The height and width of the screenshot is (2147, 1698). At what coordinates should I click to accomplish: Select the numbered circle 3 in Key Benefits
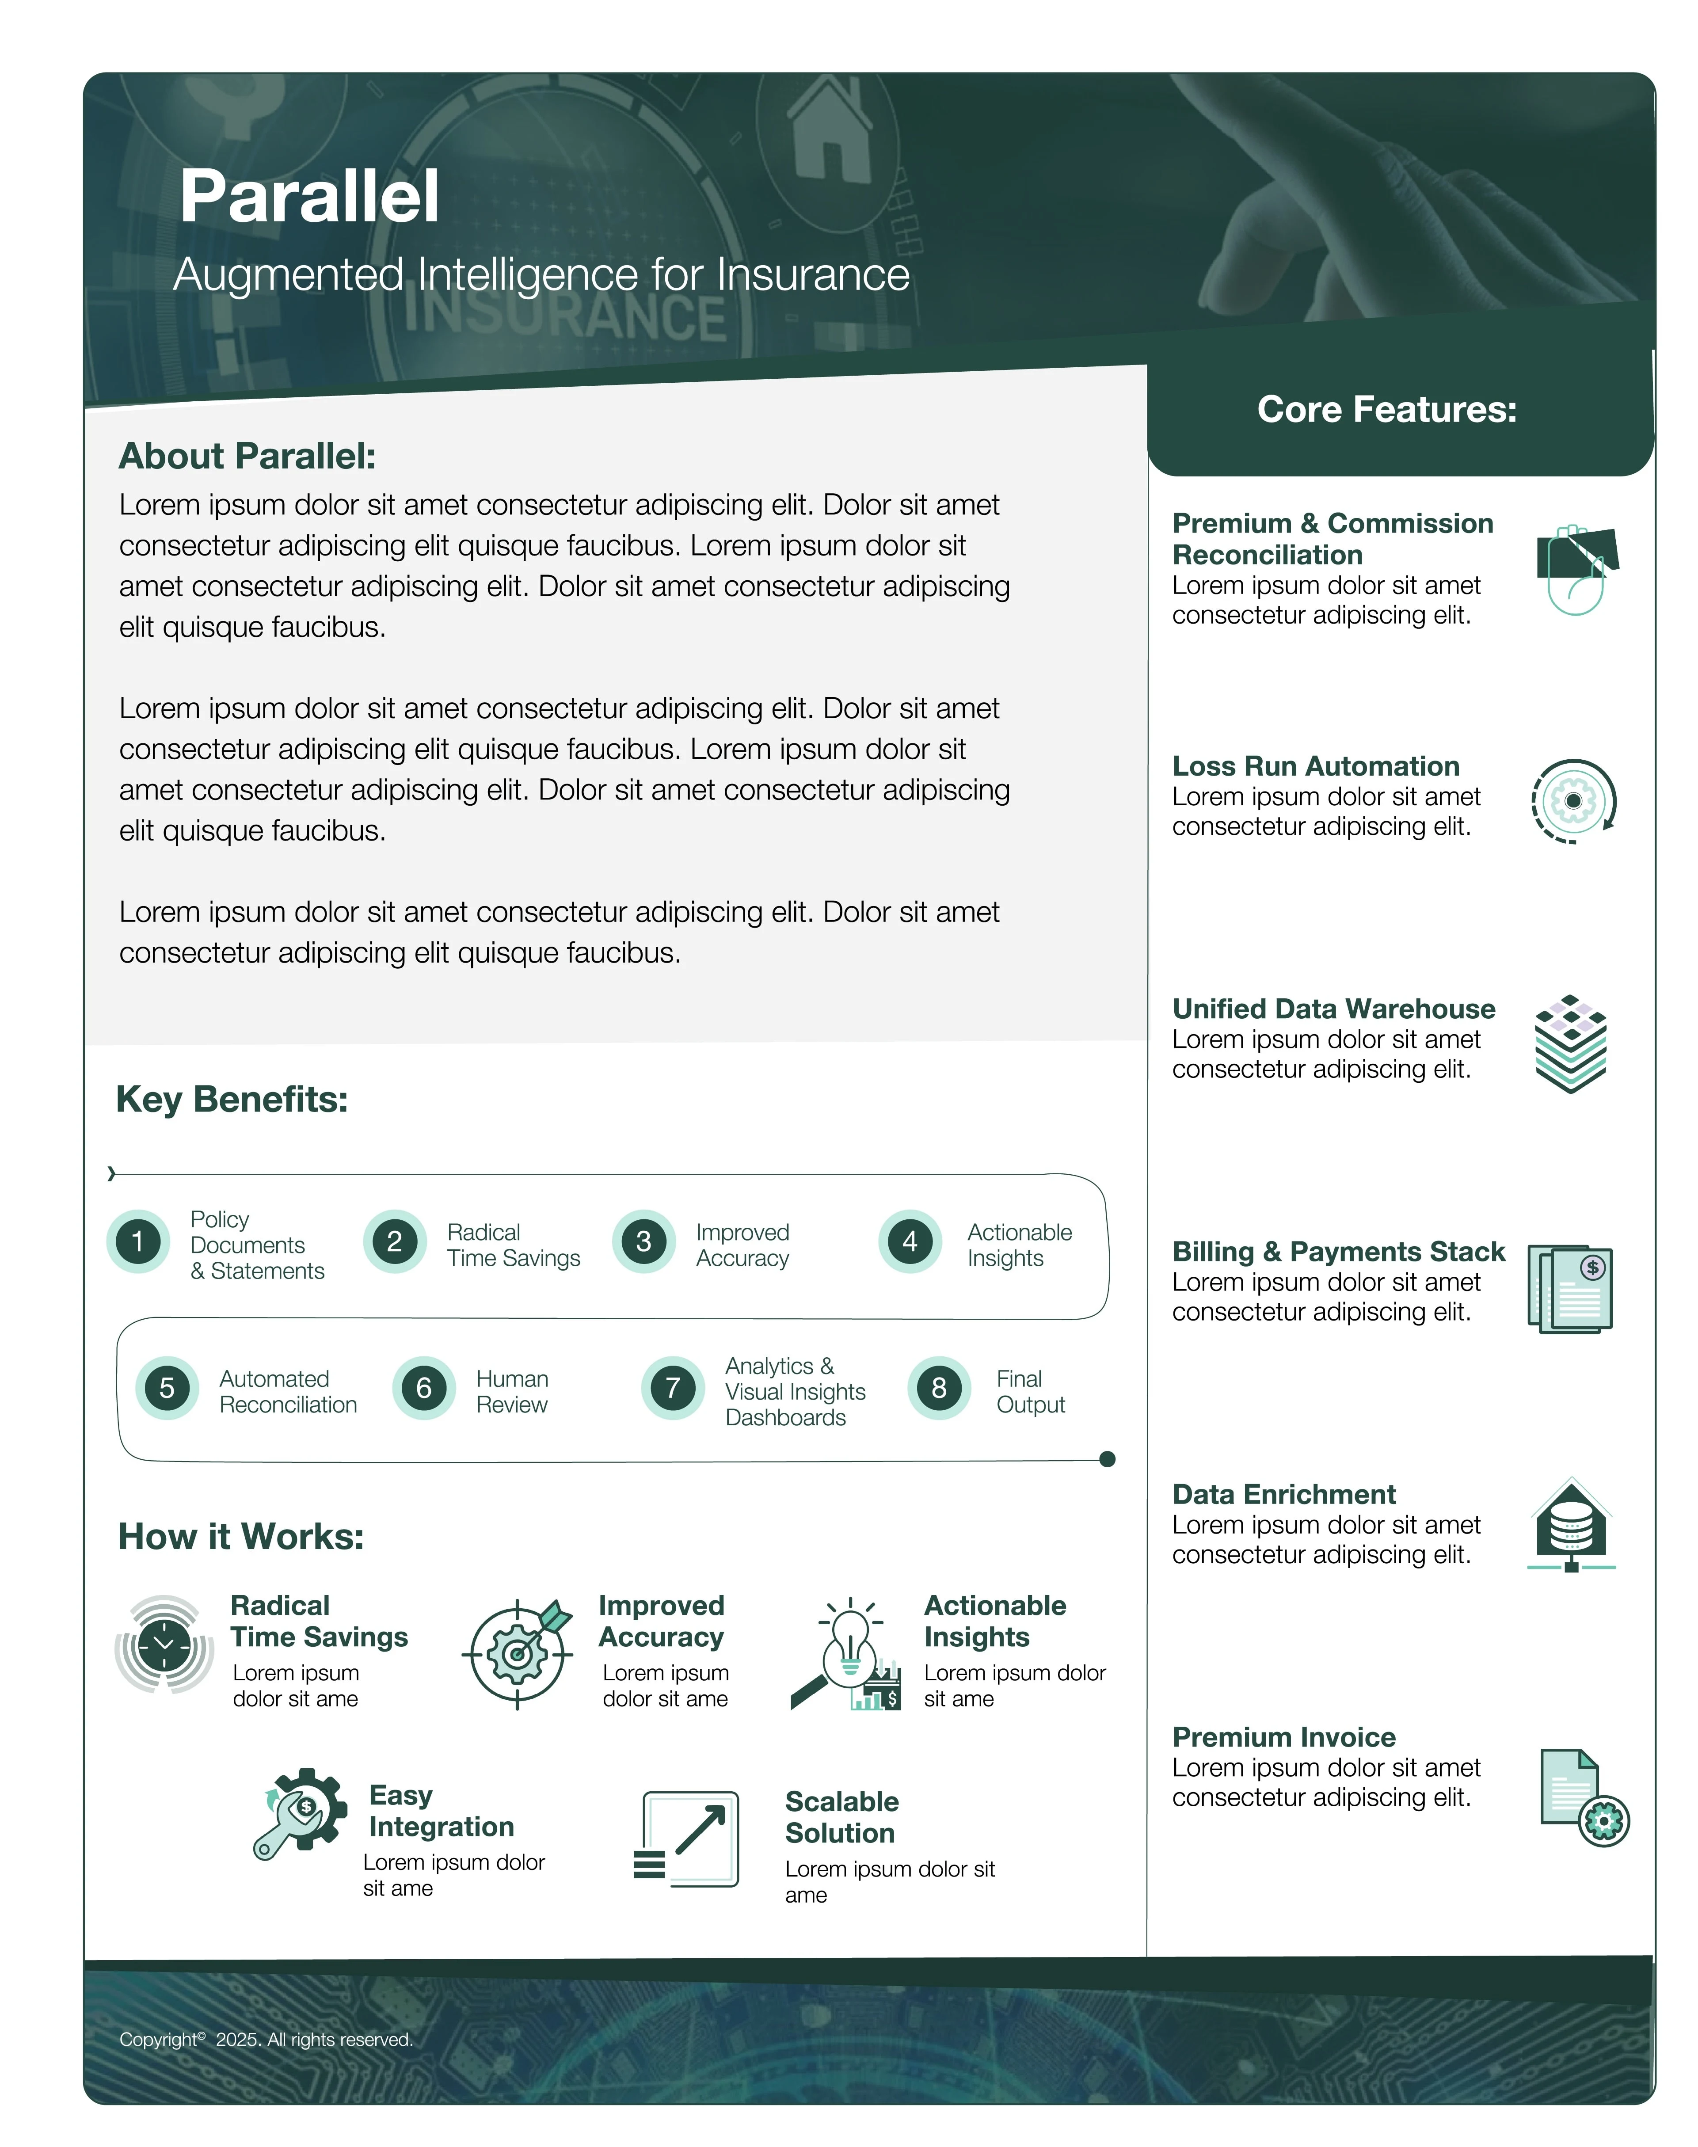(643, 1241)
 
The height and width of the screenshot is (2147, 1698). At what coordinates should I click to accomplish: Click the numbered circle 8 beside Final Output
(938, 1388)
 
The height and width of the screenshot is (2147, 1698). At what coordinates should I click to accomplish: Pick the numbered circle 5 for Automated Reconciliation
(167, 1388)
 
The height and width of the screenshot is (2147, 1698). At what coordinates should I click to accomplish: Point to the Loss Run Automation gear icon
(1573, 801)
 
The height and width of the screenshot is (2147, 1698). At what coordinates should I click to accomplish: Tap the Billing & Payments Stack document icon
(1571, 1289)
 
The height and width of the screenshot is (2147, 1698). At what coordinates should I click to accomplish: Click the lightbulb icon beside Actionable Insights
(848, 1653)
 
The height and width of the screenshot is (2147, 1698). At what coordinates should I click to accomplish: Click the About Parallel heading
(247, 456)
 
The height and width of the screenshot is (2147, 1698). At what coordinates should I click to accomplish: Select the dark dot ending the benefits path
(1108, 1459)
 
